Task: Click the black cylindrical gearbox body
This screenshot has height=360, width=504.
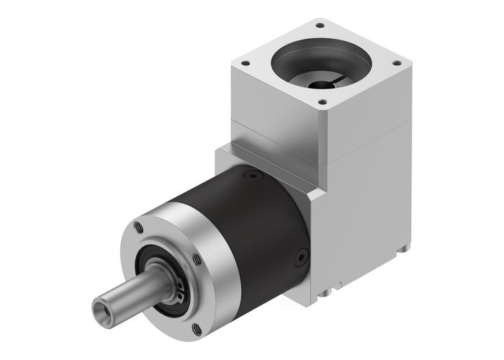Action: click(x=252, y=223)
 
